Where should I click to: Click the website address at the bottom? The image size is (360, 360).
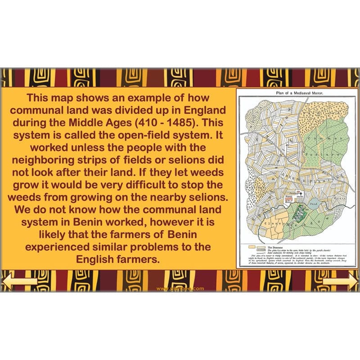[x=180, y=288]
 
